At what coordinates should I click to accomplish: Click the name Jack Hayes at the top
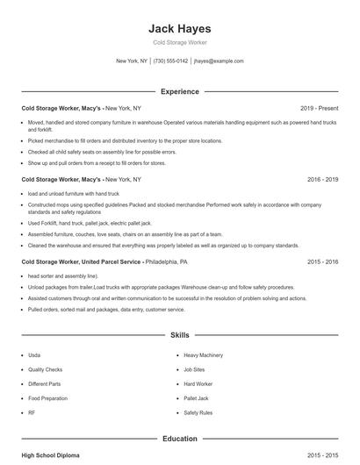180,28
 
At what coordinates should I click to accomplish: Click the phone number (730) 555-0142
170,61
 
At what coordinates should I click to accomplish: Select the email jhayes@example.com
219,61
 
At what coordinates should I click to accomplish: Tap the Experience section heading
180,91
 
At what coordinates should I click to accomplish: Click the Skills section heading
180,335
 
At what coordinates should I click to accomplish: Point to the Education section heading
180,438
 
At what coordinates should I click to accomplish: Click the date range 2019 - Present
319,108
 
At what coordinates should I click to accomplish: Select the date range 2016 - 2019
322,179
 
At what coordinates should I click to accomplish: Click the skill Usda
34,355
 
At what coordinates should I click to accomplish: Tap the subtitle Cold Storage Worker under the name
180,42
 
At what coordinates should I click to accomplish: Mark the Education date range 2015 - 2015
322,455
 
